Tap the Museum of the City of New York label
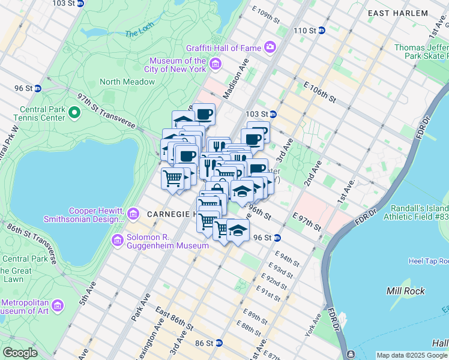click(178, 65)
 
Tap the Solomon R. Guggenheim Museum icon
click(117, 241)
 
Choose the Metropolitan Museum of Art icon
click(58, 305)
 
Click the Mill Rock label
click(406, 291)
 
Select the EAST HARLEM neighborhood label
click(406, 13)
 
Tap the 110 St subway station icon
click(321, 31)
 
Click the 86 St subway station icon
click(219, 343)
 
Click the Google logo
click(20, 353)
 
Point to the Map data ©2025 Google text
click(412, 355)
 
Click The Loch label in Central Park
click(140, 34)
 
